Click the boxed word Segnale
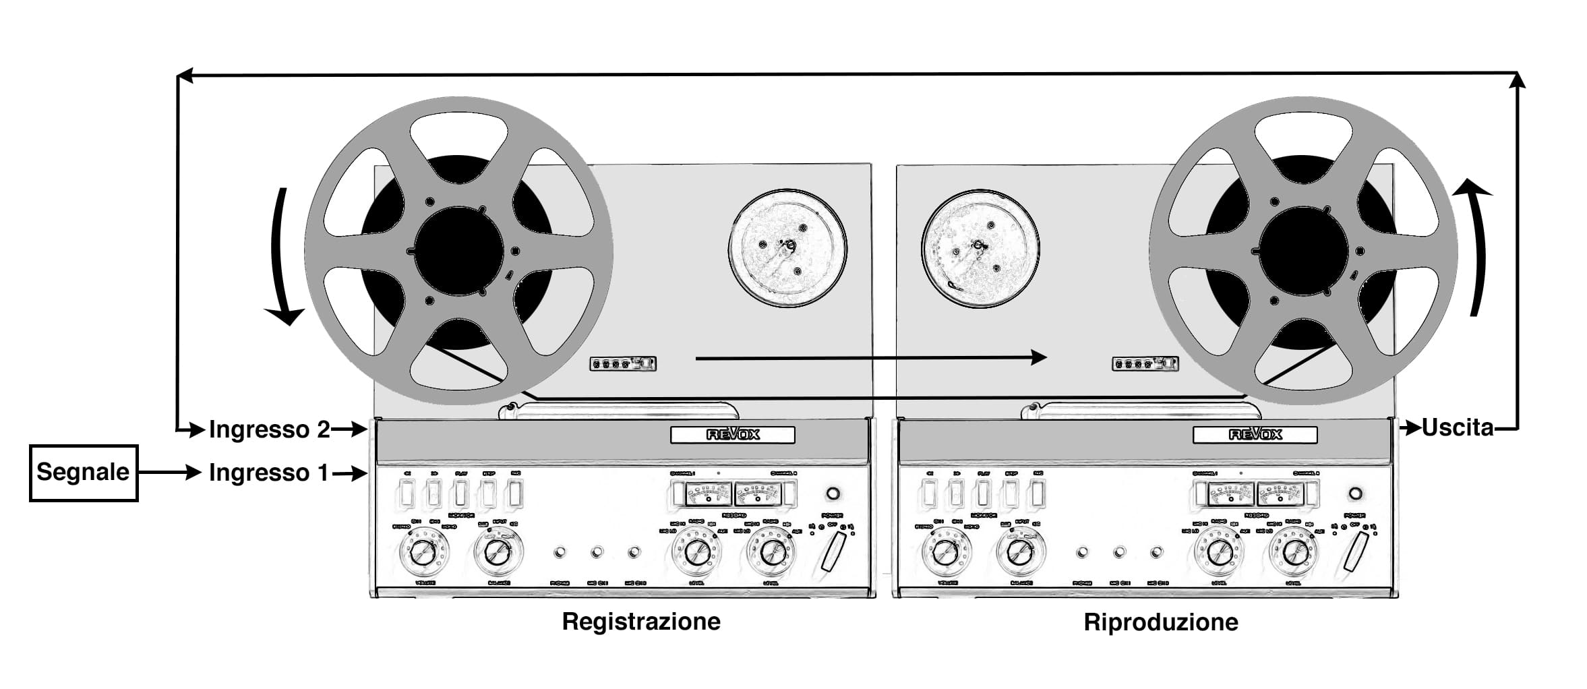point(83,473)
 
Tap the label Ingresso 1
point(268,473)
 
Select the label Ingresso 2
point(269,429)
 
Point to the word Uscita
point(1458,427)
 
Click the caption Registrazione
point(641,621)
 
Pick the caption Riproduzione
point(1160,622)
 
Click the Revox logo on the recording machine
point(732,435)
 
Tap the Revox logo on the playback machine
point(1255,435)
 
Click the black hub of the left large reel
point(458,251)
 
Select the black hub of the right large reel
point(1303,251)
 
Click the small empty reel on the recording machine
point(787,248)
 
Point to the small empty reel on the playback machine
point(980,248)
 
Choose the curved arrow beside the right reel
point(1476,249)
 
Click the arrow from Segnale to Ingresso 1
point(169,473)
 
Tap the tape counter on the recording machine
point(622,364)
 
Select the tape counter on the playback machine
point(1145,364)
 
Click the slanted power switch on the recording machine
point(834,551)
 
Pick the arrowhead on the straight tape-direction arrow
point(1038,357)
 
